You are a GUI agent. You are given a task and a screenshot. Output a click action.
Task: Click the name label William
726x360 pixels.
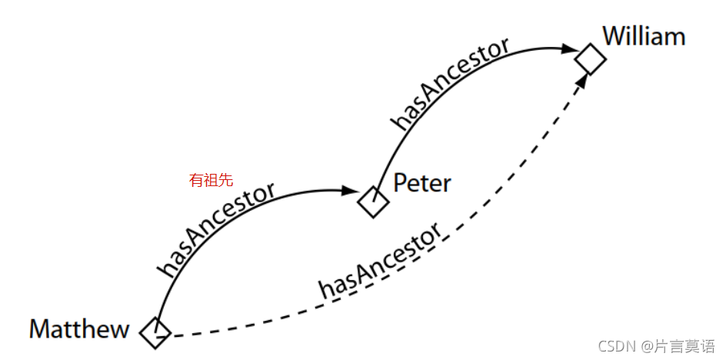(x=643, y=36)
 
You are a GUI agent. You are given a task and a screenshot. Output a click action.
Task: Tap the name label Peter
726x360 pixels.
(x=421, y=183)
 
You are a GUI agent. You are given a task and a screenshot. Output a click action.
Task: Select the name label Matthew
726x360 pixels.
(x=79, y=330)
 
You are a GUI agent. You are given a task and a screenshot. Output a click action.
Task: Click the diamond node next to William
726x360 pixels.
(x=591, y=58)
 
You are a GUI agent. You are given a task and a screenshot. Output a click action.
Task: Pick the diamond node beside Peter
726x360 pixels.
(x=374, y=202)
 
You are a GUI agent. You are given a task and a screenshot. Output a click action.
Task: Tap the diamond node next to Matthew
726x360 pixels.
(x=155, y=332)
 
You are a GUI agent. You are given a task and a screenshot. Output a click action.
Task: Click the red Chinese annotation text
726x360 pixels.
(x=211, y=181)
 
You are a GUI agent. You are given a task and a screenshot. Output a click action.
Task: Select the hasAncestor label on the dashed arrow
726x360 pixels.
(x=381, y=262)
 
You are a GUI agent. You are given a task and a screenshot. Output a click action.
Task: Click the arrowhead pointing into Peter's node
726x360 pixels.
(x=351, y=190)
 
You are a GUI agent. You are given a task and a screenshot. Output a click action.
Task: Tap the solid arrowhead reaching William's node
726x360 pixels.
(x=569, y=48)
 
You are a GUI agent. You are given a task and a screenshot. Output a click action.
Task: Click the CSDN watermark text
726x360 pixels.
(x=617, y=346)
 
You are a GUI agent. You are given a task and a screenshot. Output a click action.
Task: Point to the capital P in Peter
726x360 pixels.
(x=400, y=183)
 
